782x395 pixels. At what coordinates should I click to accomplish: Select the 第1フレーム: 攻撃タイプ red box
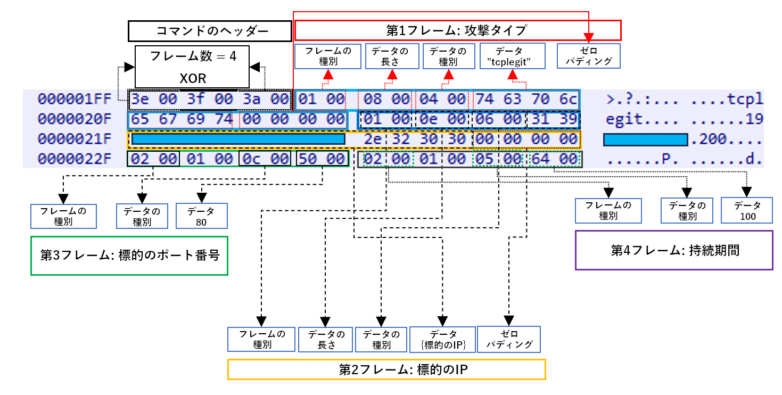458,30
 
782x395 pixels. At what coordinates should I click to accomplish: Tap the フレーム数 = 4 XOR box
192,67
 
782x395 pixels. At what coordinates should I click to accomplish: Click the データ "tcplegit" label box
512,56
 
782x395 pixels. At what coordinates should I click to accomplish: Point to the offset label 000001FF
75,100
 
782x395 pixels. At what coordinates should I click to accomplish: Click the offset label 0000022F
75,159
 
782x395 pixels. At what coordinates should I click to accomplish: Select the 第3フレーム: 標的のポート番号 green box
129,256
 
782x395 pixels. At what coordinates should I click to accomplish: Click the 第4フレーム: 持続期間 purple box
674,250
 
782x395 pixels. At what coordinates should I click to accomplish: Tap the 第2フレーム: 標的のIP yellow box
386,369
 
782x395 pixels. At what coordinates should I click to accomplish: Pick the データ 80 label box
201,216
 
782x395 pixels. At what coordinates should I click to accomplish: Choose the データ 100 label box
747,210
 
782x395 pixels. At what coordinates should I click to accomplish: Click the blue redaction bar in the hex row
238,139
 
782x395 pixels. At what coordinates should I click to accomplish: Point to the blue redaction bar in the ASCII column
645,139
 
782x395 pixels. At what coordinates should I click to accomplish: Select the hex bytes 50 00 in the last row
322,159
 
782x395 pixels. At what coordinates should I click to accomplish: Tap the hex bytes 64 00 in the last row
555,159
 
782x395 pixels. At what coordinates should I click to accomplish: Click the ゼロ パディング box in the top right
588,56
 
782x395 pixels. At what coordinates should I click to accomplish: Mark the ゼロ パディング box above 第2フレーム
509,339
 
